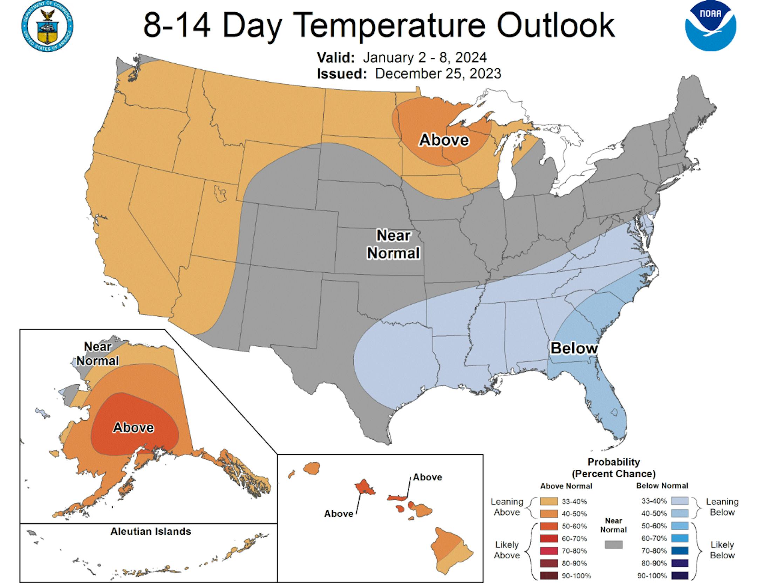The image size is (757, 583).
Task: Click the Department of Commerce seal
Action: pyautogui.click(x=47, y=27)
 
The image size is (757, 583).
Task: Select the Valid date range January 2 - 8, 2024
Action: pyautogui.click(x=424, y=57)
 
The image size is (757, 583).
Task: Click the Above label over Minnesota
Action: pyautogui.click(x=444, y=140)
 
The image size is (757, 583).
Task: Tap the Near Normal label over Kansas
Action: pyautogui.click(x=393, y=244)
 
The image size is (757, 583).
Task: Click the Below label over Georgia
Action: pyautogui.click(x=574, y=348)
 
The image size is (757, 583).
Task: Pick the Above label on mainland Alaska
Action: pyautogui.click(x=133, y=427)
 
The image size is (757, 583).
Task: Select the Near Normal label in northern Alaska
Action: pyautogui.click(x=98, y=354)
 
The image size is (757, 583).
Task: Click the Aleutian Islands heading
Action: pyautogui.click(x=151, y=531)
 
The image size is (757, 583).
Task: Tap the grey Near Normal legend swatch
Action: pyautogui.click(x=613, y=544)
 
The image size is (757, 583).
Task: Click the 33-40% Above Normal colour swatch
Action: pyautogui.click(x=549, y=501)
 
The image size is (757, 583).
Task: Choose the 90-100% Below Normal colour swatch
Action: pyautogui.click(x=680, y=576)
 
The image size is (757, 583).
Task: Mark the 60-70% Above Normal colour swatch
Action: pyautogui.click(x=549, y=538)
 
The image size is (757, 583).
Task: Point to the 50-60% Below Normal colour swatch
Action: pyautogui.click(x=680, y=526)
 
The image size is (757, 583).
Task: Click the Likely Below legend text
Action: pyautogui.click(x=722, y=550)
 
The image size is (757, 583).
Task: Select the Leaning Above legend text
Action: pyautogui.click(x=507, y=507)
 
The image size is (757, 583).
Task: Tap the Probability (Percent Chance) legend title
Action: pyautogui.click(x=613, y=468)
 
